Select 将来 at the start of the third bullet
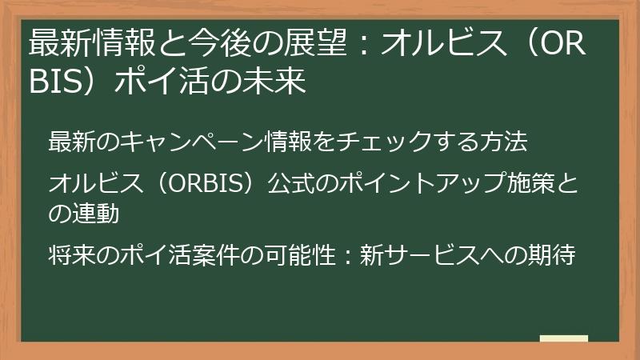pos(68,255)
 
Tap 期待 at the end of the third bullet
pos(551,255)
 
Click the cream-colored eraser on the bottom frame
pos(563,339)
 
